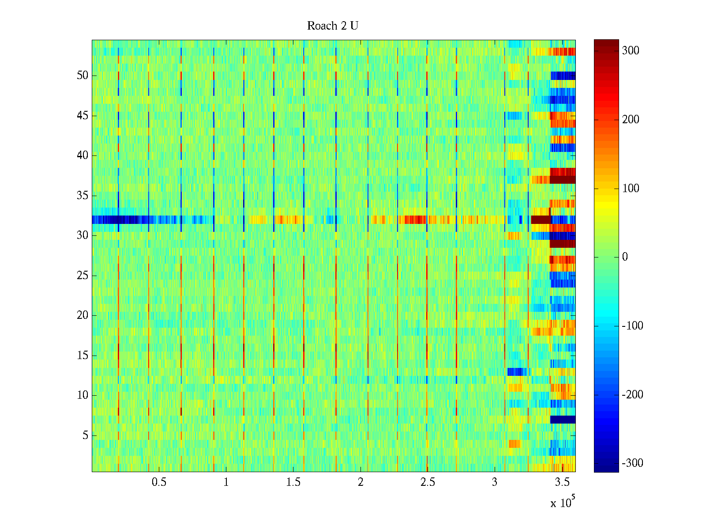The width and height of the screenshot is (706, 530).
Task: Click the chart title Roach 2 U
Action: [332, 26]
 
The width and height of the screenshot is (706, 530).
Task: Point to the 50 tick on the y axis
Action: [83, 76]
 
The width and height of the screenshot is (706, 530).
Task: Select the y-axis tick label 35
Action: [83, 196]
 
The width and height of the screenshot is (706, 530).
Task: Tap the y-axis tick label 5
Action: [85, 435]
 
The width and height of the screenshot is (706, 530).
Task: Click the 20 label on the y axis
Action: [83, 315]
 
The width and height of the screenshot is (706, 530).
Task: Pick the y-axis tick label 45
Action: [83, 116]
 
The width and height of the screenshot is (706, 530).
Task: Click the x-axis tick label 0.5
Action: [159, 482]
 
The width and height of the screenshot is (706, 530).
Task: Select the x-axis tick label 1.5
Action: [293, 482]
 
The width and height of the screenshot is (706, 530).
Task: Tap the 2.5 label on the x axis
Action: [428, 482]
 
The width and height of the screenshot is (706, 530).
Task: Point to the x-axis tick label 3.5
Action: [562, 482]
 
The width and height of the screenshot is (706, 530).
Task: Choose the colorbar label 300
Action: [631, 51]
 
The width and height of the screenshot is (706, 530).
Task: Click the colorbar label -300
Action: [632, 463]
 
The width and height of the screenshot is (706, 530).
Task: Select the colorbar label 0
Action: [625, 257]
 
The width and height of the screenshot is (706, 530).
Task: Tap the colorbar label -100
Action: [632, 326]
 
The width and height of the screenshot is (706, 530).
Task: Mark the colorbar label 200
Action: [631, 120]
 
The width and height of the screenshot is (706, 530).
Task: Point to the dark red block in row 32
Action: [540, 220]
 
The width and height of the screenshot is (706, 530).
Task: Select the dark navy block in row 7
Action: [563, 420]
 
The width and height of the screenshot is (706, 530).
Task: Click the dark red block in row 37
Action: [563, 180]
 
